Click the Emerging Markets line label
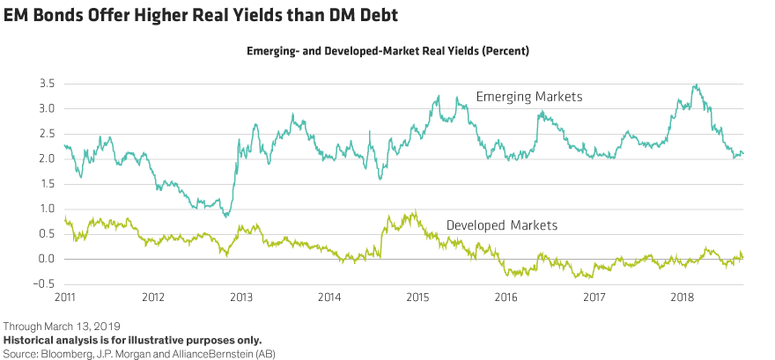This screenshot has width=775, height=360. pos(528,96)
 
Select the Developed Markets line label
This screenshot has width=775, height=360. pos(502,226)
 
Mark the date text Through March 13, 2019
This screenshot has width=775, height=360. pos(55,327)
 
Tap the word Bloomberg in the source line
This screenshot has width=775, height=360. pos(63,352)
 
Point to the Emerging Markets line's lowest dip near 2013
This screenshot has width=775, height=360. pos(226,216)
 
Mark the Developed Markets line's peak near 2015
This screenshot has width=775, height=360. pos(414,211)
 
